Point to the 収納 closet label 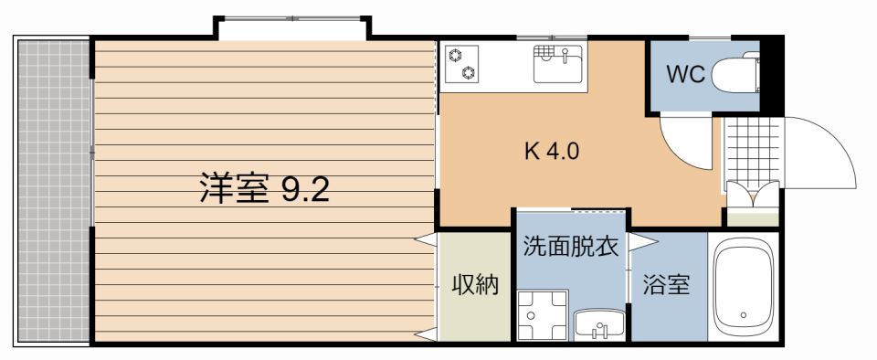coord(475,285)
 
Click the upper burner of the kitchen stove coord(454,54)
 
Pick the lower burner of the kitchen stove coord(468,72)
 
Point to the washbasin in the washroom coord(598,323)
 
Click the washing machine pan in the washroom coord(541,316)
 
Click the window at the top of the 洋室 coord(292,28)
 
